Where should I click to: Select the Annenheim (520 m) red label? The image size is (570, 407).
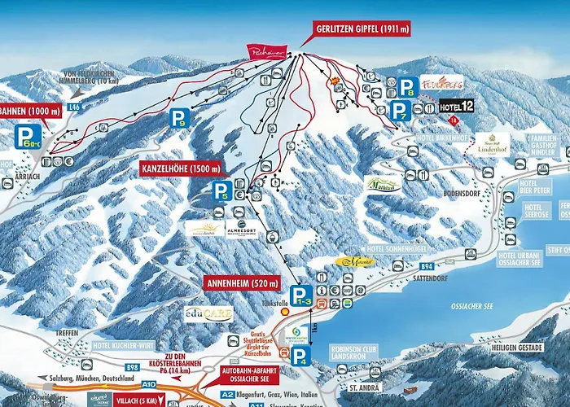[x=242, y=282]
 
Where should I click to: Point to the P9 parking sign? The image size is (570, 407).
[x=179, y=119]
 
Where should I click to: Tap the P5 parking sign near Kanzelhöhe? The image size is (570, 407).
[x=221, y=192]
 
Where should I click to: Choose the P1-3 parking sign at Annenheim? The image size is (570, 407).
[x=301, y=297]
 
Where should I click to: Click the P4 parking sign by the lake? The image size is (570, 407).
[x=300, y=356]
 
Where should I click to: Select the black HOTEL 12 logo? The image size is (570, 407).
[x=456, y=106]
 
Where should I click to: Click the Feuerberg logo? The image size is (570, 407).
[x=442, y=83]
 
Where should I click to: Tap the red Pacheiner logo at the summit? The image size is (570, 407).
[x=268, y=51]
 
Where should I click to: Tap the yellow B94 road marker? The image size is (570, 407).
[x=449, y=265]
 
